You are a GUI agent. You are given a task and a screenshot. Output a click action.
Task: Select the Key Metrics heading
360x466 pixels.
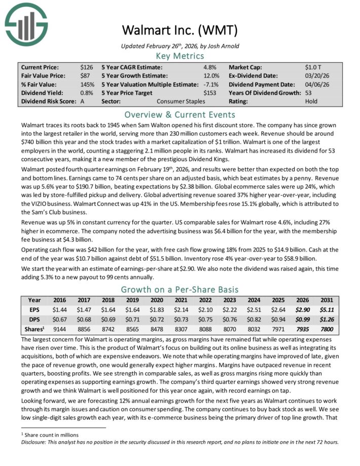pos(179,55)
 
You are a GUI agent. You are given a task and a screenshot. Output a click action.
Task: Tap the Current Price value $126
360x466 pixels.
pos(86,66)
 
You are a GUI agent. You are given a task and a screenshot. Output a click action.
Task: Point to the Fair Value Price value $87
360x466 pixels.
pos(85,75)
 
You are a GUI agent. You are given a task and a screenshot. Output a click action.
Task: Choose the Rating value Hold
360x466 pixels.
pos(311,101)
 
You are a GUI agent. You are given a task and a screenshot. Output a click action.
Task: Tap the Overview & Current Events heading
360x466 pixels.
pos(179,114)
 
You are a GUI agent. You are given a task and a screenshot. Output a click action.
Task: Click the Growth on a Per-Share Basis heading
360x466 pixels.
pos(179,290)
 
